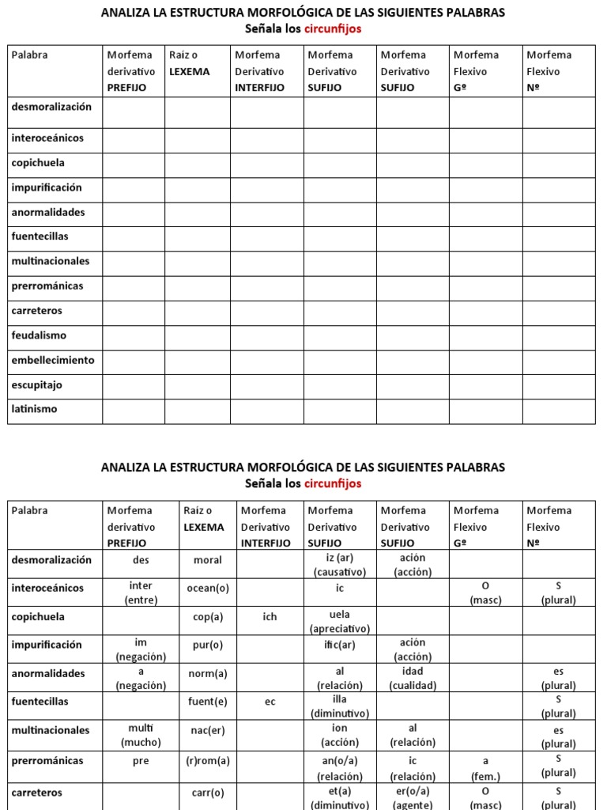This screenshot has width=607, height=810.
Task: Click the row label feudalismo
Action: [39, 335]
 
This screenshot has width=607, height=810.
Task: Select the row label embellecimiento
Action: [53, 360]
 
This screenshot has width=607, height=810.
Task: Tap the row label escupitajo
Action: [36, 385]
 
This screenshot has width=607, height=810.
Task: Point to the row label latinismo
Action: [34, 410]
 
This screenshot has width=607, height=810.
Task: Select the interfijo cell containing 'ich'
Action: [270, 617]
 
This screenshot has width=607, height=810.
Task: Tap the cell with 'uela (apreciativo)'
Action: [339, 621]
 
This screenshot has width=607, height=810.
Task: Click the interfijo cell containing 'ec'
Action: [270, 702]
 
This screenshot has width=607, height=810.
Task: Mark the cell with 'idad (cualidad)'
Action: [412, 678]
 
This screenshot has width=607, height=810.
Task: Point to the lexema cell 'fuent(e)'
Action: [208, 702]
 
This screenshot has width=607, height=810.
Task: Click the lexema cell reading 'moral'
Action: [208, 560]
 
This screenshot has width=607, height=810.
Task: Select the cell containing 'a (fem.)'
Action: [485, 766]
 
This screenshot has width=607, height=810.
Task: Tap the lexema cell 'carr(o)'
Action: [208, 793]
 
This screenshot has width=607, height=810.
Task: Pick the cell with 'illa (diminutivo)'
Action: [339, 706]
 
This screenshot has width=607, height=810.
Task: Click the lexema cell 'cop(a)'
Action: [208, 617]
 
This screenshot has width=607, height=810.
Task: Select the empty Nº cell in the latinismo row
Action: [558, 411]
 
